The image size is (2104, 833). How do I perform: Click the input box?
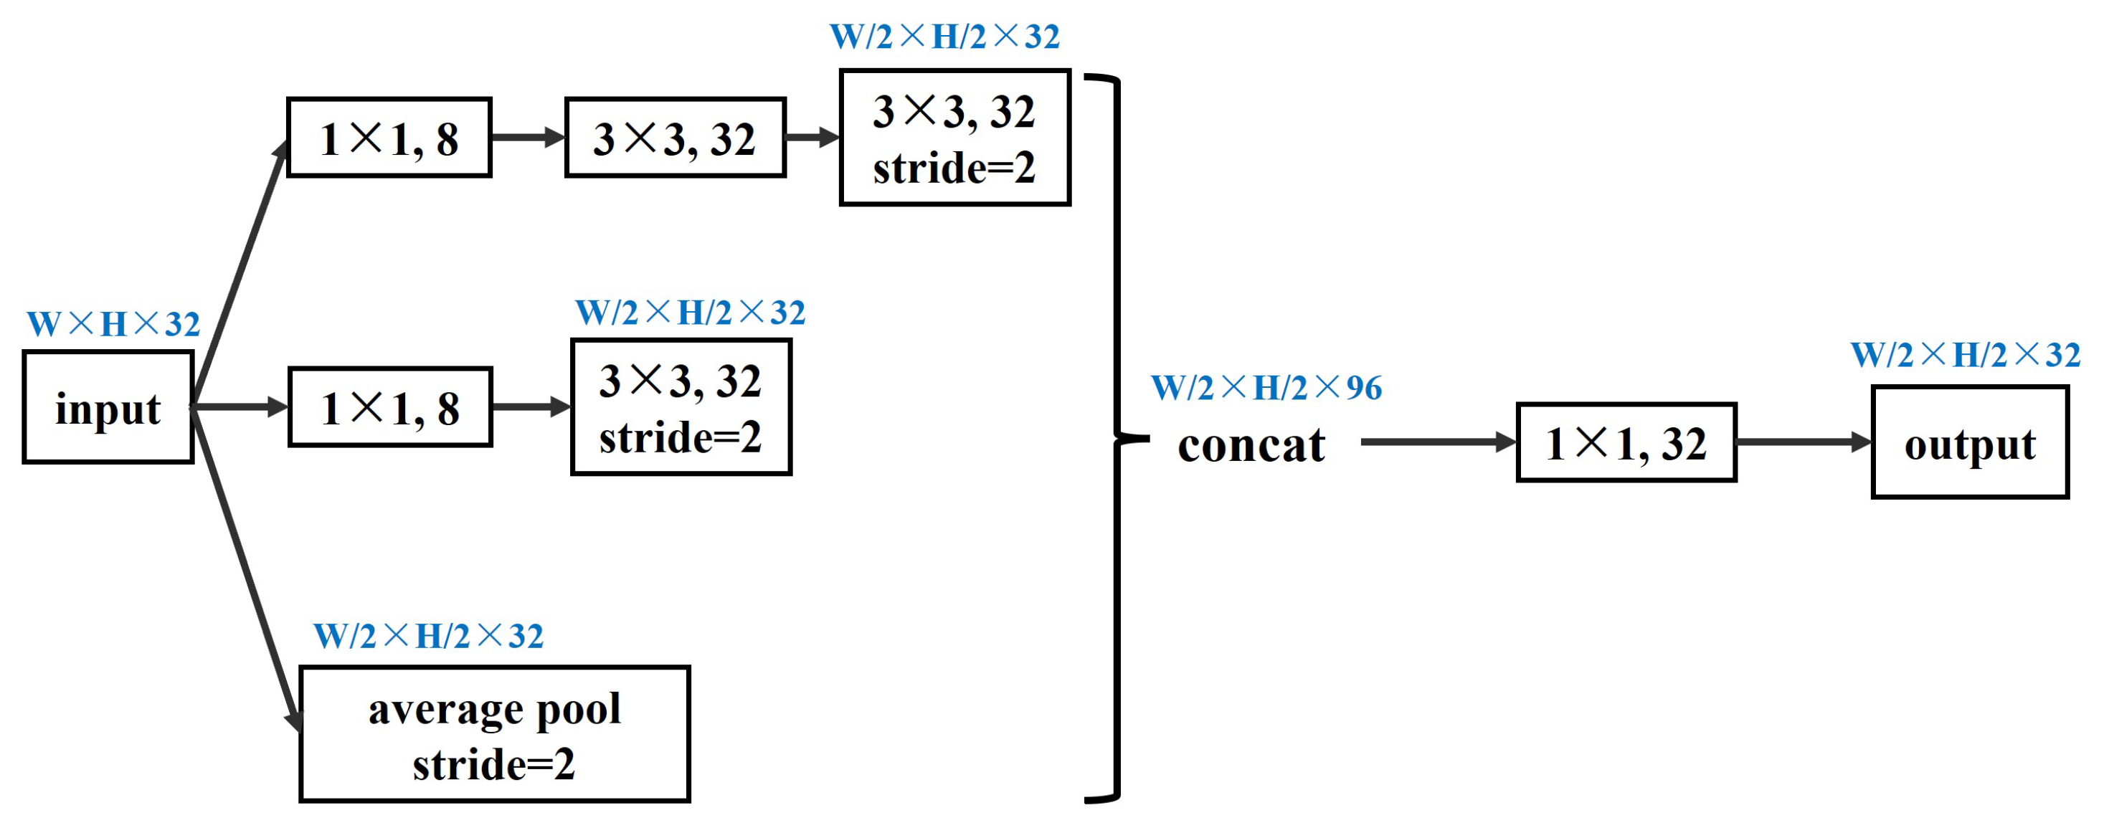click(x=108, y=407)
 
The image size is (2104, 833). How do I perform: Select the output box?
click(x=1969, y=442)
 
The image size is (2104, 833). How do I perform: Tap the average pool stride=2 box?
click(x=494, y=734)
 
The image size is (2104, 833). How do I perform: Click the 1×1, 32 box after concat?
click(x=1626, y=442)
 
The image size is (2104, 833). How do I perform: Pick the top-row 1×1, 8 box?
click(x=389, y=137)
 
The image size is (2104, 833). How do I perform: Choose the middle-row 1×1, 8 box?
click(x=389, y=406)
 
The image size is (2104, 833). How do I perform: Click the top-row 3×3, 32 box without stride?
click(x=675, y=137)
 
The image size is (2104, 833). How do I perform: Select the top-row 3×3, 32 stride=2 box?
click(x=954, y=137)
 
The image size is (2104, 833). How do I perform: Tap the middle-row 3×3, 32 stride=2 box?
click(x=681, y=406)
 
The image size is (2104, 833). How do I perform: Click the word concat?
click(x=1251, y=445)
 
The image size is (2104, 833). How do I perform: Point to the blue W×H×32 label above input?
click(x=113, y=324)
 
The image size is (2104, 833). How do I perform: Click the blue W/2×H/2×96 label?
click(x=1266, y=388)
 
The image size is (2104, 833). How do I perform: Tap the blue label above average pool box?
click(x=428, y=636)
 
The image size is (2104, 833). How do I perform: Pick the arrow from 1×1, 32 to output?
click(x=1802, y=442)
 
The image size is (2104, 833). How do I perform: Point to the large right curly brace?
click(x=1117, y=439)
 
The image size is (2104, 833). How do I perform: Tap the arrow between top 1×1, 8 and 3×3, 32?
click(x=528, y=137)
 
